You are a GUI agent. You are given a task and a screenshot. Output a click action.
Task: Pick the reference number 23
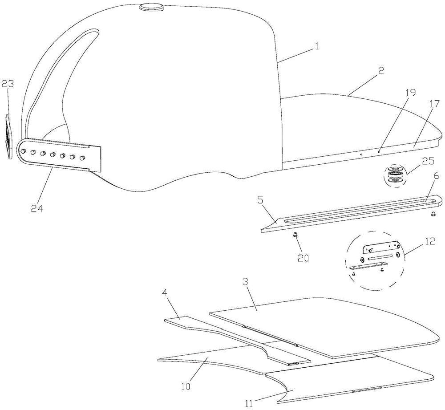(x=7, y=84)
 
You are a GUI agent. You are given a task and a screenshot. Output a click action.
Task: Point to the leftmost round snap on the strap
(x=23, y=151)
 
